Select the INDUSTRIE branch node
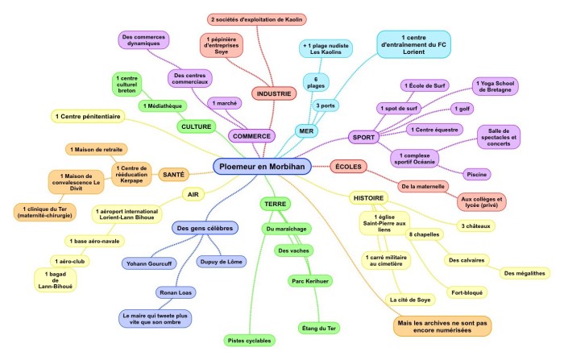[274, 94]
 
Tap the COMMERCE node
[251, 136]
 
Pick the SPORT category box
[365, 138]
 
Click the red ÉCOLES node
[350, 167]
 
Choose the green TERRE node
[276, 205]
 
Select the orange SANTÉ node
[175, 174]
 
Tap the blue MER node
[307, 130]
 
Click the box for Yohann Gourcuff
[153, 263]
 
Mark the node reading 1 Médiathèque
[164, 106]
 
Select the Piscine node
[477, 174]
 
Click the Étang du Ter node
[317, 328]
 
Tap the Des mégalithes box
[525, 273]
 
